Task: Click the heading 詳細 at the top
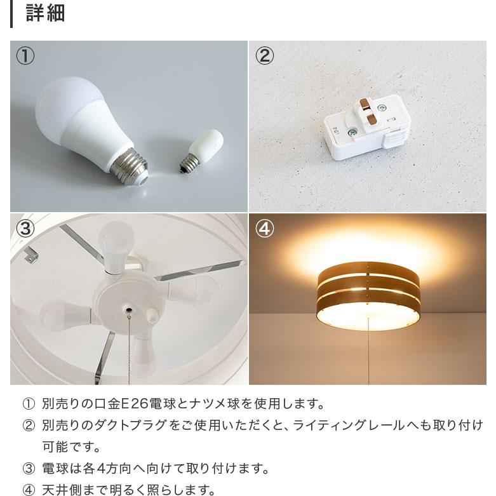coord(45,13)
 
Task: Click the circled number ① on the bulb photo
coord(25,56)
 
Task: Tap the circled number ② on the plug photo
coord(264,56)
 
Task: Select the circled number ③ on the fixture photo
coord(25,229)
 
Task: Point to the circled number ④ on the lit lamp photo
coord(264,229)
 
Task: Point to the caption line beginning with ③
coord(146,469)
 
